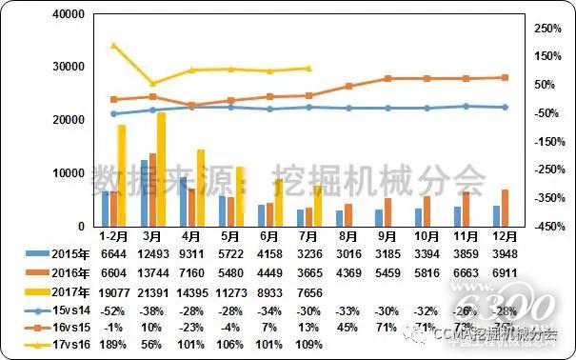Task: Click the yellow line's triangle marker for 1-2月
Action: click(x=113, y=45)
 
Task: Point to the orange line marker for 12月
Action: click(x=505, y=77)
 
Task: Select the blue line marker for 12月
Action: click(x=505, y=107)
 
